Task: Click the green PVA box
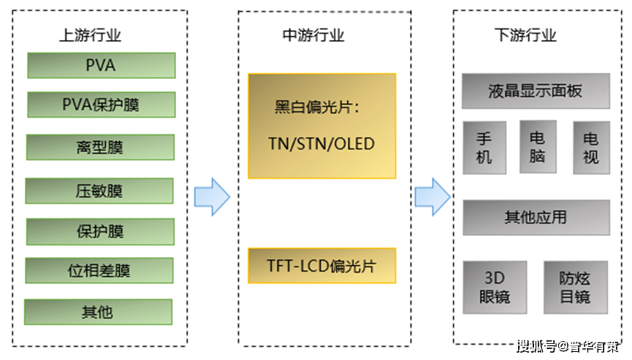point(101,65)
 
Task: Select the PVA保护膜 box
point(101,104)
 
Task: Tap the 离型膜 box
point(100,147)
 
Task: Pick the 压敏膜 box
point(99,191)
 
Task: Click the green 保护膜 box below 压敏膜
point(100,231)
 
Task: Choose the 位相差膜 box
point(99,271)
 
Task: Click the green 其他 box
point(98,312)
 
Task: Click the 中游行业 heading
point(313,34)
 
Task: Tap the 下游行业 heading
point(525,34)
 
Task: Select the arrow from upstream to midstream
point(212,196)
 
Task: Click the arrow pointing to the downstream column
point(433,196)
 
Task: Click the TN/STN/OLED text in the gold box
point(322,143)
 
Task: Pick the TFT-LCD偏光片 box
point(322,266)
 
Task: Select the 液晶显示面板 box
point(536,91)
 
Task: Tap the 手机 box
point(484,148)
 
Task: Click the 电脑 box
point(538,147)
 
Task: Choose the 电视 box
point(590,148)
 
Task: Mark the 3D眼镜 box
point(495,288)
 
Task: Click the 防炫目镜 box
point(575,288)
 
